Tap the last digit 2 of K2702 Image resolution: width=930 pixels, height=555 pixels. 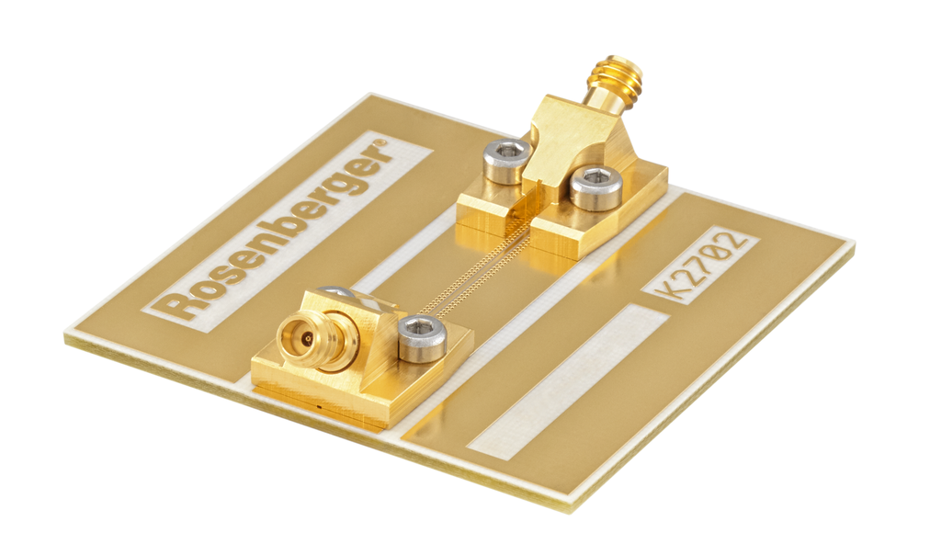[738, 241]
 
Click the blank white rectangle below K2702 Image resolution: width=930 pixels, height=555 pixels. [568, 381]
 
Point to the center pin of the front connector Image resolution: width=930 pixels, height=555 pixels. [306, 339]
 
